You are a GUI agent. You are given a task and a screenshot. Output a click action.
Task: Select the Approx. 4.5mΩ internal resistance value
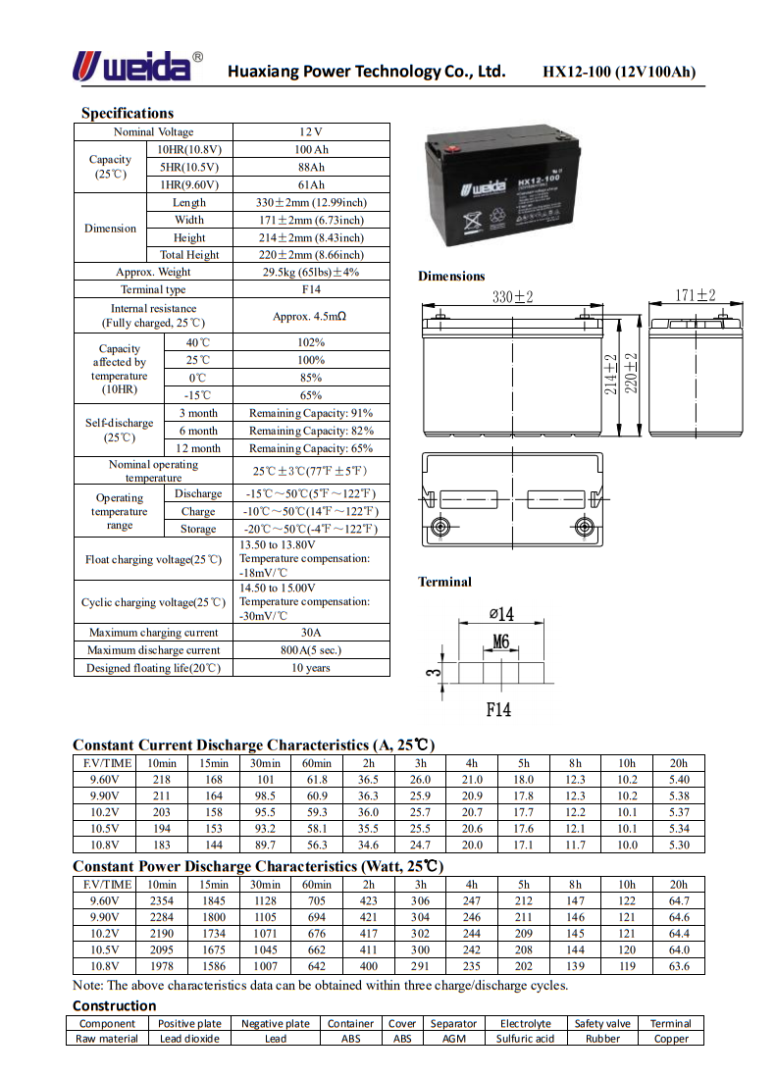tap(311, 316)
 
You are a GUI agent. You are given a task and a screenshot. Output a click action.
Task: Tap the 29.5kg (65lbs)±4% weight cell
tap(311, 272)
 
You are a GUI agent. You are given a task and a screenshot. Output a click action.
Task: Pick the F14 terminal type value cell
tap(311, 289)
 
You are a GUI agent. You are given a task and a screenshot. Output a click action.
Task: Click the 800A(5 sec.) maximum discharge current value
tap(311, 650)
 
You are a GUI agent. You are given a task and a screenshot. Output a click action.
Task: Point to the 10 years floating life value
tap(311, 668)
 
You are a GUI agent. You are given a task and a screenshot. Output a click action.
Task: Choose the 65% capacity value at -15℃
tap(311, 395)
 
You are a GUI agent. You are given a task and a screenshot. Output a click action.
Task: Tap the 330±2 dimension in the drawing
tap(512, 296)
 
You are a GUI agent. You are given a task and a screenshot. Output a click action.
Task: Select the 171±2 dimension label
tap(696, 295)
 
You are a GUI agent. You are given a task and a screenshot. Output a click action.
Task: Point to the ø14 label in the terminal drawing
tap(500, 615)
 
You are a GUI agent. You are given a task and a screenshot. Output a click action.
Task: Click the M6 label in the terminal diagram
tap(500, 642)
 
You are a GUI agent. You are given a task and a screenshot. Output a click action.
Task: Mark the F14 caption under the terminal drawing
tap(498, 709)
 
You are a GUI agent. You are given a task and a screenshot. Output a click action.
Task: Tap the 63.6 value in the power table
tap(679, 967)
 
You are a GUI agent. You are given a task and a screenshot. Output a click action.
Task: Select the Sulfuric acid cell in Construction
tap(525, 1038)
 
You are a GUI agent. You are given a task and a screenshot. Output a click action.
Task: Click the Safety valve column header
tap(602, 1023)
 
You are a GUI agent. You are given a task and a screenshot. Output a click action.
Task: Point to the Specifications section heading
tap(128, 113)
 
